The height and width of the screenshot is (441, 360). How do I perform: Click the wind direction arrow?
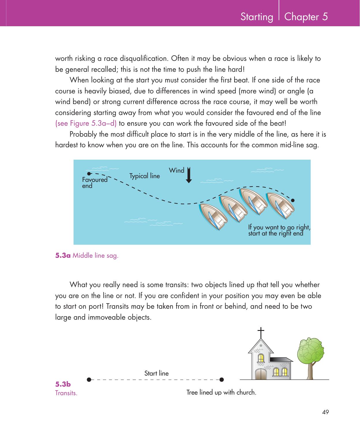click(189, 175)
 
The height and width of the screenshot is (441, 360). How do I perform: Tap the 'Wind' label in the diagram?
click(177, 170)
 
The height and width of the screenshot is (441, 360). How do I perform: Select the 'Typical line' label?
click(145, 176)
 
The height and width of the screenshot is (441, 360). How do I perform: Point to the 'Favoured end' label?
click(94, 183)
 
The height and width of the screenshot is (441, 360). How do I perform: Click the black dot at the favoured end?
click(89, 174)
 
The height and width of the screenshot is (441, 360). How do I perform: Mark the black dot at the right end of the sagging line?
click(293, 200)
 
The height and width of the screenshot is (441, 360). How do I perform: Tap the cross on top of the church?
click(261, 333)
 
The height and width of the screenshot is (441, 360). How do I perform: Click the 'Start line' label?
click(156, 374)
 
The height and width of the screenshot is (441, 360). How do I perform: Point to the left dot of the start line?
click(89, 380)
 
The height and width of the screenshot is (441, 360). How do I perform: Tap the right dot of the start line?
click(222, 380)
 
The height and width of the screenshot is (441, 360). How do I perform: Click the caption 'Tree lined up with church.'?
click(221, 393)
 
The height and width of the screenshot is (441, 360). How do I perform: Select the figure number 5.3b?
click(63, 384)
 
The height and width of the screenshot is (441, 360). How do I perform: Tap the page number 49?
click(326, 412)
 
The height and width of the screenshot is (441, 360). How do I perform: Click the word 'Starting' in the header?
click(257, 17)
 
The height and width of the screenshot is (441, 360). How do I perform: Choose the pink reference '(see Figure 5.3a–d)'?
click(86, 124)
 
